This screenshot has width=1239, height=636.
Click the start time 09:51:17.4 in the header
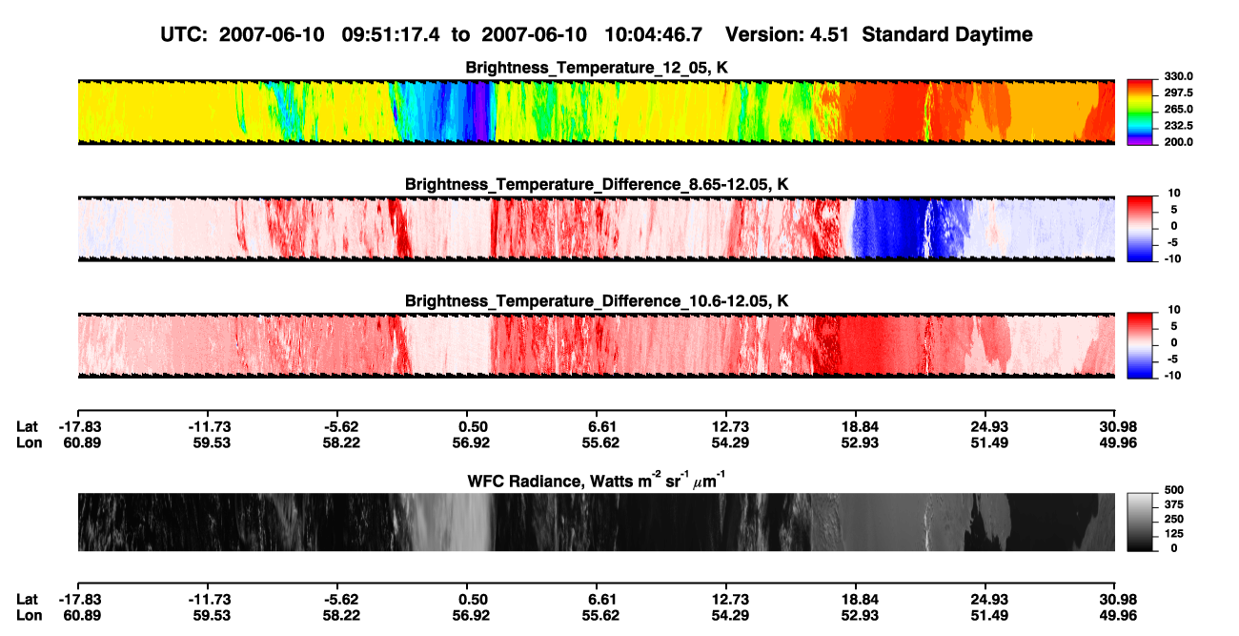(x=391, y=34)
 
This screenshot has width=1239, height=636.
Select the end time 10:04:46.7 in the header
(x=653, y=34)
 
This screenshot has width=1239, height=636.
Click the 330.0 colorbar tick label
(x=1178, y=76)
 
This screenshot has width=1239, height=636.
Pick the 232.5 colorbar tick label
(x=1178, y=126)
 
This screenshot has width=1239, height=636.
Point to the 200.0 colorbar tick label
(x=1178, y=142)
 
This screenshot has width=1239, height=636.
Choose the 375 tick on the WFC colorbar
(x=1174, y=504)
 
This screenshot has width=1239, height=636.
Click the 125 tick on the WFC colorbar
(x=1174, y=534)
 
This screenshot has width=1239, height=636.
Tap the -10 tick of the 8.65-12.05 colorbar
(x=1172, y=259)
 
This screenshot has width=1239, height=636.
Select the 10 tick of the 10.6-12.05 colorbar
(x=1174, y=310)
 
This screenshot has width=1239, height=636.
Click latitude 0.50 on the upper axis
(x=473, y=427)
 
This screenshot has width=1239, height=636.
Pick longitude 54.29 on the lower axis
(x=730, y=616)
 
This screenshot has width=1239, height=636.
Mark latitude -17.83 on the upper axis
(x=80, y=427)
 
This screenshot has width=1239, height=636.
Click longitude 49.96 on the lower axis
(x=1118, y=616)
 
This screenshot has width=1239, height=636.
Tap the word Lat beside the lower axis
(x=27, y=600)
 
